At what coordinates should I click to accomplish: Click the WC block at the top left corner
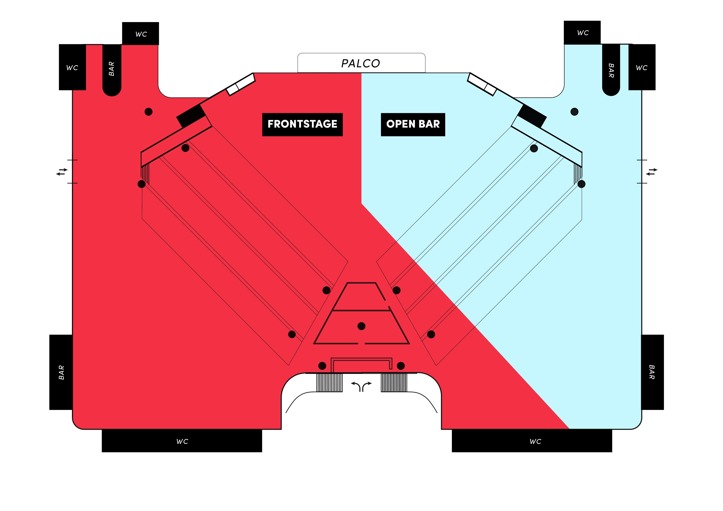coord(140,33)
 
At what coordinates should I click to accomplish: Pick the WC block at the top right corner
coord(582,33)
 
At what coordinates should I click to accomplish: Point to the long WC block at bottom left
coord(182,441)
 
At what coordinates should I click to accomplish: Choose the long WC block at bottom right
coord(532,441)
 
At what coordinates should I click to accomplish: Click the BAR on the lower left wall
coord(61,372)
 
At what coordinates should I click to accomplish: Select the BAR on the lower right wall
coord(652,372)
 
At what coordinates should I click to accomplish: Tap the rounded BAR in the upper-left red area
coord(112,70)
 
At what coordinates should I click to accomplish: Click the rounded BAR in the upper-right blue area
coord(611,70)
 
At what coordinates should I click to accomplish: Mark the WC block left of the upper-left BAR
coord(72,67)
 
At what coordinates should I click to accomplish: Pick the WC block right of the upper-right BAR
coord(642,67)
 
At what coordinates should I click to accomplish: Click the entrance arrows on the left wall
coord(62,172)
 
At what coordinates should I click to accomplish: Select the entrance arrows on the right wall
coord(652,172)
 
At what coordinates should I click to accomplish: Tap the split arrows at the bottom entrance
coord(361,386)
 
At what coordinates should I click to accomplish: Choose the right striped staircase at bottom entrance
coord(394,383)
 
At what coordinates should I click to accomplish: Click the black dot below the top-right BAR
coord(574,112)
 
